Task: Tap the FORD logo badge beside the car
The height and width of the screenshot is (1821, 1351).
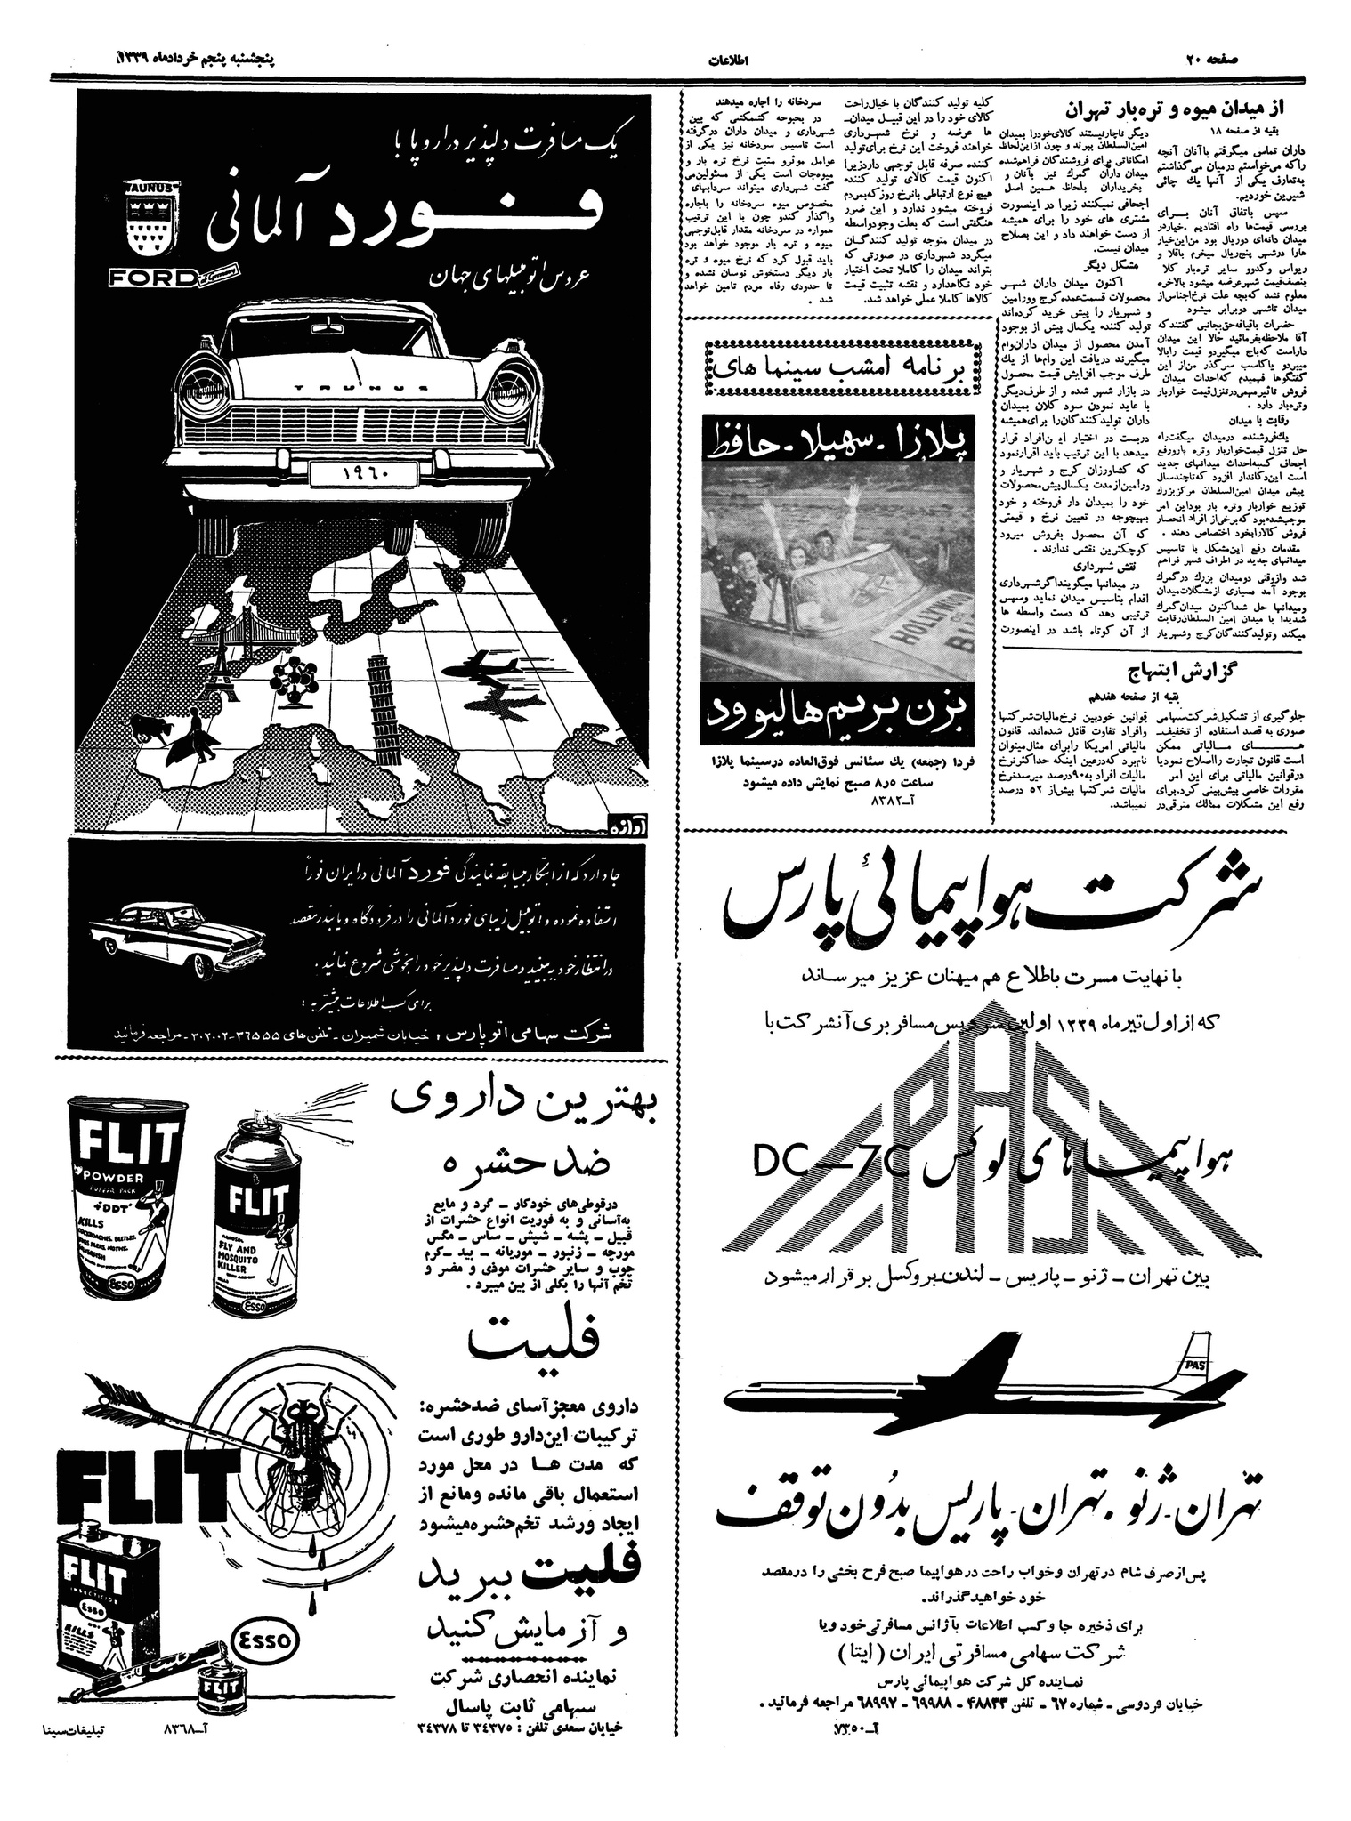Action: click(x=153, y=278)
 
